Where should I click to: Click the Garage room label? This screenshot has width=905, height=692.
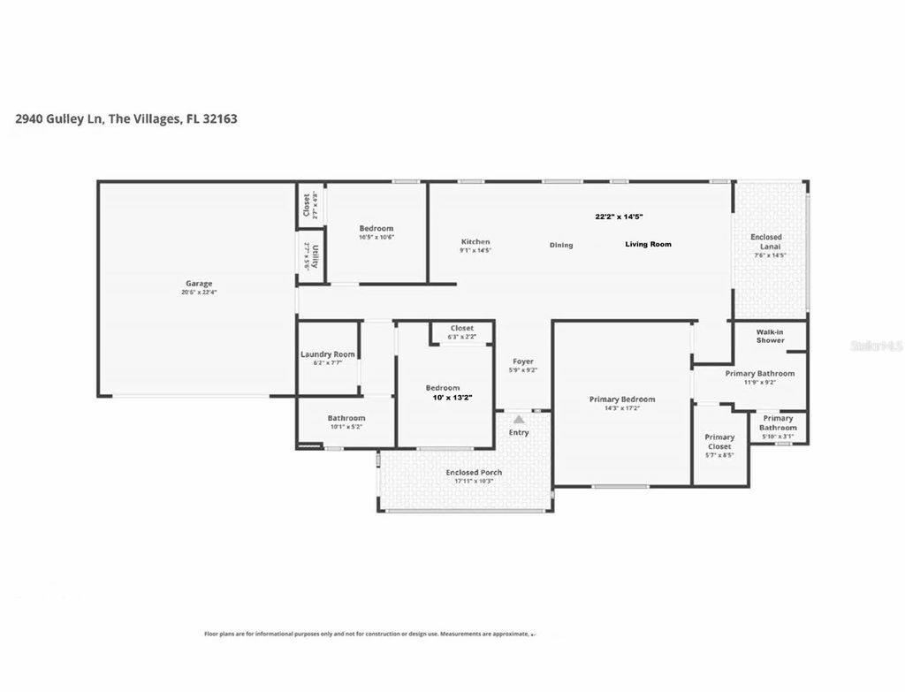point(199,284)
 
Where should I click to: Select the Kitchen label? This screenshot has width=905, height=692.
point(475,241)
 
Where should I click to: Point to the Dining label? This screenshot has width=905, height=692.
point(561,245)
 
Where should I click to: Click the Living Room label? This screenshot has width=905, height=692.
point(648,244)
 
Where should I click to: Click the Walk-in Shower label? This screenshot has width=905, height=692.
point(770,336)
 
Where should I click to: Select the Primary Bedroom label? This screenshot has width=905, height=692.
point(622,399)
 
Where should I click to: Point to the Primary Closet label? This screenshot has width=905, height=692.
point(719,442)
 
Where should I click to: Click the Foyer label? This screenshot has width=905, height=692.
point(522,361)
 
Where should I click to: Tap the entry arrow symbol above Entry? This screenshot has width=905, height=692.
point(519,419)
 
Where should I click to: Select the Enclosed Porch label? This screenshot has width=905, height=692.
point(475,473)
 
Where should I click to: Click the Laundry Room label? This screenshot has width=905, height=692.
point(327,354)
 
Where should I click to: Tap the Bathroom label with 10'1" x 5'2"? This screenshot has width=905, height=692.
point(346,418)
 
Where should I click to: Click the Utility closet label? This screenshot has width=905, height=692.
point(307,255)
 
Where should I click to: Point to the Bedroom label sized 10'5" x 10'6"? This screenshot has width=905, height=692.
point(376,228)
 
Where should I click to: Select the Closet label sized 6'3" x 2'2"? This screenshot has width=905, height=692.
point(461,328)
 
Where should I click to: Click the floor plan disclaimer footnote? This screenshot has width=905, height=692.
point(367,634)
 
